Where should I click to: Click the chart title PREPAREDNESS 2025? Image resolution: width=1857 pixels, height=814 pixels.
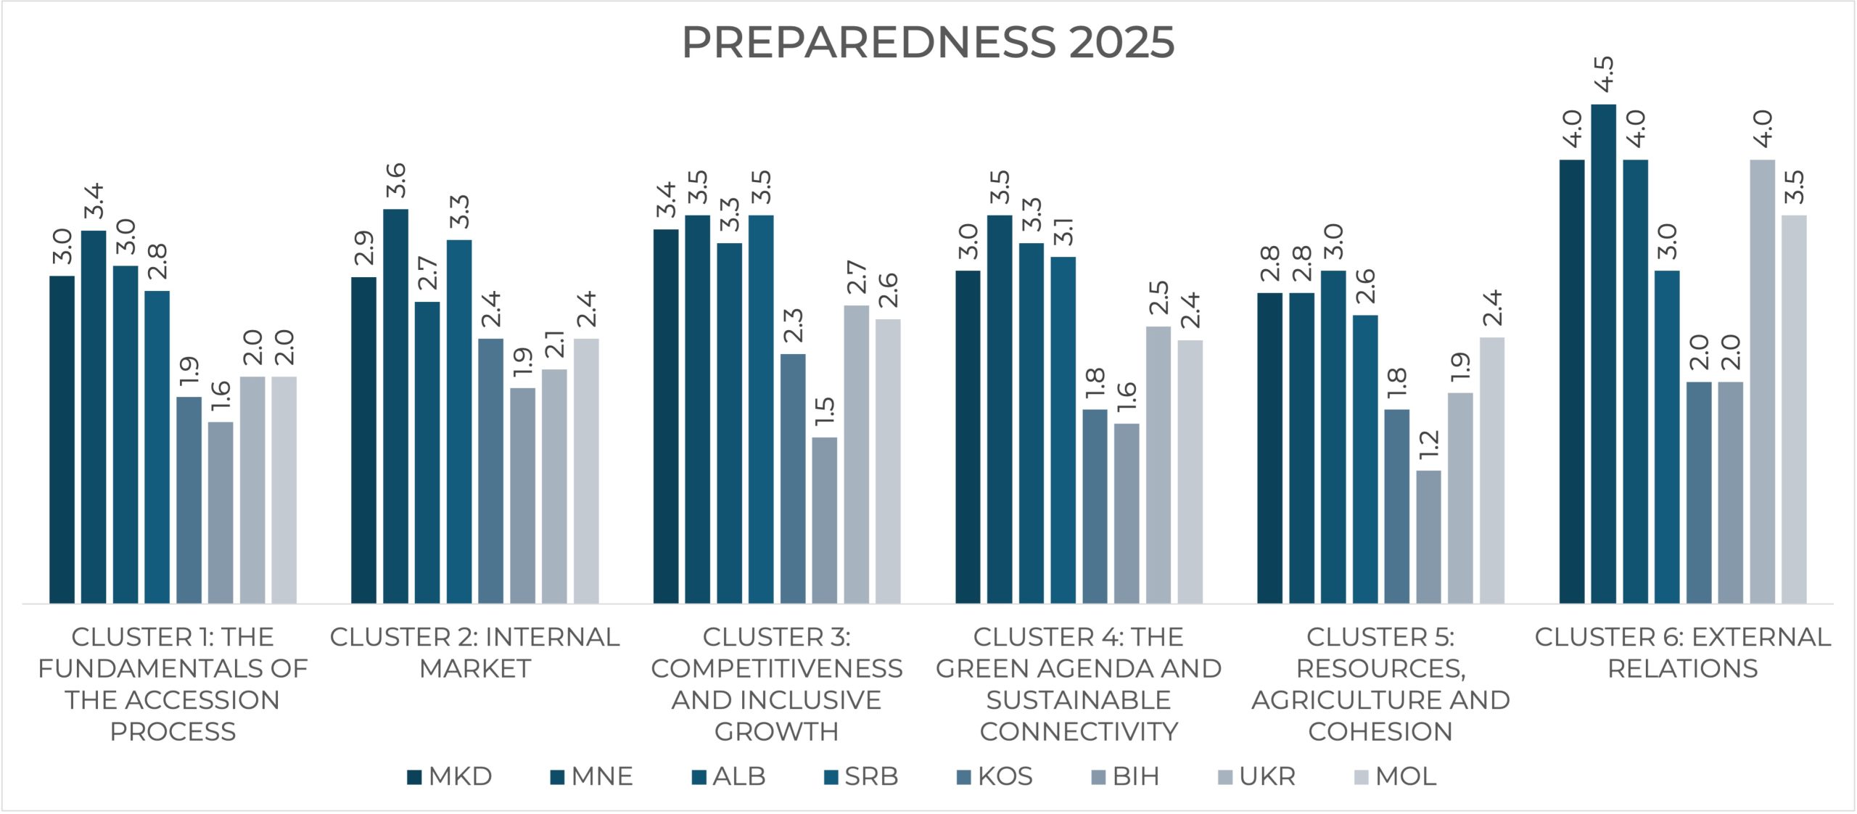point(928,42)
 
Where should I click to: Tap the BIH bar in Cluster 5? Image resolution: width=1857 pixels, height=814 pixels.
point(1428,537)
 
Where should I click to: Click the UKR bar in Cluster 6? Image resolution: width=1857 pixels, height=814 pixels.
point(1762,382)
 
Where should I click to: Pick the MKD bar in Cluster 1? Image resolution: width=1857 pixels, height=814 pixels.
point(62,440)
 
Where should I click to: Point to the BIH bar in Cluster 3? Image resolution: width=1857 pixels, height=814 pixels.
point(824,520)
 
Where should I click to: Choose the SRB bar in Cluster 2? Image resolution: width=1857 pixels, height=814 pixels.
point(459,422)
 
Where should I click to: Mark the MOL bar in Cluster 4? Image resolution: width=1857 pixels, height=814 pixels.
point(1190,472)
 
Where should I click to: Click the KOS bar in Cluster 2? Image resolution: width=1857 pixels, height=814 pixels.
point(490,471)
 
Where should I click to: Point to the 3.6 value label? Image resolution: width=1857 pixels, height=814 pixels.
point(395,180)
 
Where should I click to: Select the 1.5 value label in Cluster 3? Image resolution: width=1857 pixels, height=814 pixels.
point(824,411)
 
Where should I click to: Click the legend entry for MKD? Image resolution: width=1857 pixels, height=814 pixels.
point(450,777)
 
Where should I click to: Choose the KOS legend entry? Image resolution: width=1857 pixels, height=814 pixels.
point(995,777)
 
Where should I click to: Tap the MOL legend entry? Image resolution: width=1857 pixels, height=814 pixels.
point(1396,777)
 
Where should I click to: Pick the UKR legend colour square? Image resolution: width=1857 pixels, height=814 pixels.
point(1225,778)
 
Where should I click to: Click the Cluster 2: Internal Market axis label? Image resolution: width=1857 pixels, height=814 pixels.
point(475,652)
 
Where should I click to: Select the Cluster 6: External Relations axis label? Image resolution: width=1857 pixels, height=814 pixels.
point(1683,652)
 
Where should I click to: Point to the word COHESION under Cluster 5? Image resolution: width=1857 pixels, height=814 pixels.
point(1380,731)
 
